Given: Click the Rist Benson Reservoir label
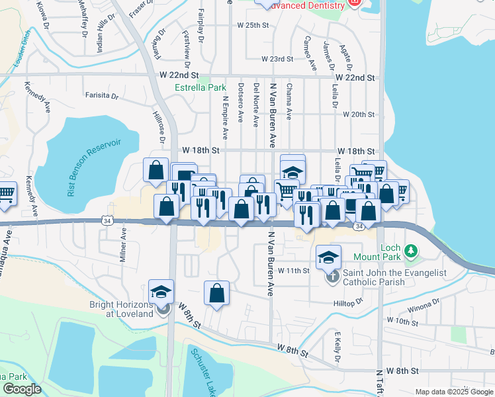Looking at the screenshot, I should tap(94, 168).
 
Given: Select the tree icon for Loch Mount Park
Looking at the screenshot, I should tap(412, 251).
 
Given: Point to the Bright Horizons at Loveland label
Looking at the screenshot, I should tap(121, 309).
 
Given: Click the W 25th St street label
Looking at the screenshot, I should tap(254, 25).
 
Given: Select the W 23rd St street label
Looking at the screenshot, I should tap(277, 59).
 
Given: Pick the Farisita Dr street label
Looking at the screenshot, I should tap(101, 96).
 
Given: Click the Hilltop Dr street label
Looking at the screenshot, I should tap(349, 301).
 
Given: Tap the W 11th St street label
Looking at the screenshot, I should tap(293, 271).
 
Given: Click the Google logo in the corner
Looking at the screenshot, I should tap(22, 389).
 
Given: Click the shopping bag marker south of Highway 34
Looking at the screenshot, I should tap(216, 292).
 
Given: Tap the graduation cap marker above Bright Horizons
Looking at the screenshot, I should tap(161, 290).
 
